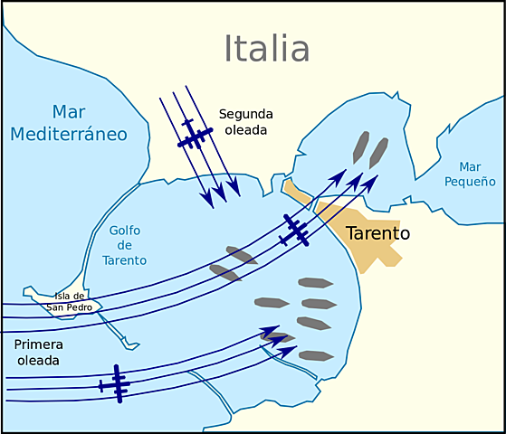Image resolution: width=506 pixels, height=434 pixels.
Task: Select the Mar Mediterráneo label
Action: (68, 123)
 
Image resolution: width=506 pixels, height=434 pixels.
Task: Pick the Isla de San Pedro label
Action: (70, 301)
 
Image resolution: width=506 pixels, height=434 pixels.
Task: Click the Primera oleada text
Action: (38, 353)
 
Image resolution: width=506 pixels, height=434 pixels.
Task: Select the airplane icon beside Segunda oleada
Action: (195, 136)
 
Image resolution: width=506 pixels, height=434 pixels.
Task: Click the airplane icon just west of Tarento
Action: (294, 231)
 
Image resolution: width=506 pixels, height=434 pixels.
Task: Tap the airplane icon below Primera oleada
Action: (115, 383)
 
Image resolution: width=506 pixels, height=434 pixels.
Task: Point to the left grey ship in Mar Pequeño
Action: (361, 146)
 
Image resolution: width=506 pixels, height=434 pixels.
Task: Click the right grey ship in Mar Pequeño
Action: (378, 153)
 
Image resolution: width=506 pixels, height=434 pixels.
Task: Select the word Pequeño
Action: (469, 181)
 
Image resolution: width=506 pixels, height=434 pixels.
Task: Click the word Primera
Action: (38, 344)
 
